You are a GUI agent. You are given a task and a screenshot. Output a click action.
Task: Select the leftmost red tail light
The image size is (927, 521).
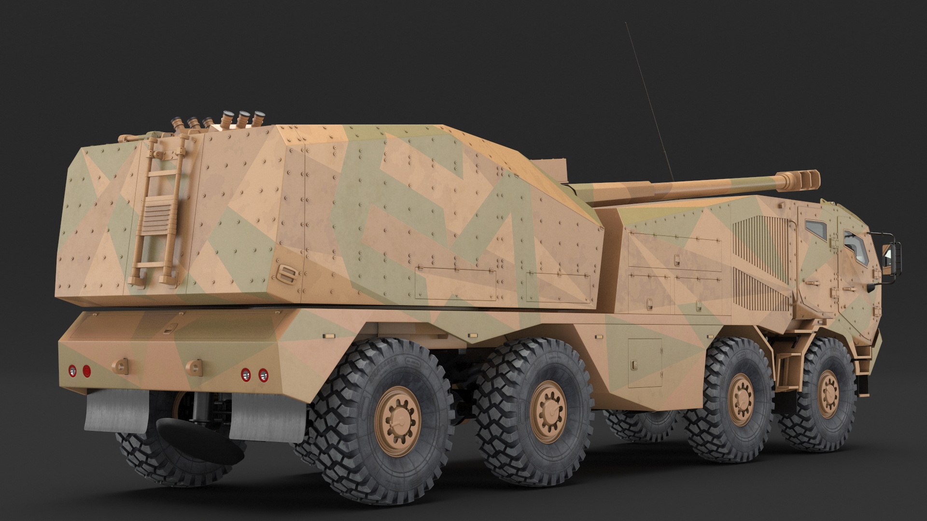[x=72, y=370]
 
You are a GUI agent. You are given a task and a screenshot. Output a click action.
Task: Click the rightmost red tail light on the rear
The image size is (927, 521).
[x=264, y=374]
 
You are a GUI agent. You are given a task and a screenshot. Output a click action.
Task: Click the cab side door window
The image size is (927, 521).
[x=817, y=230]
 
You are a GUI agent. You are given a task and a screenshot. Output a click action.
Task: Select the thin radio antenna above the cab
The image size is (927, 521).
[x=647, y=96]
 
